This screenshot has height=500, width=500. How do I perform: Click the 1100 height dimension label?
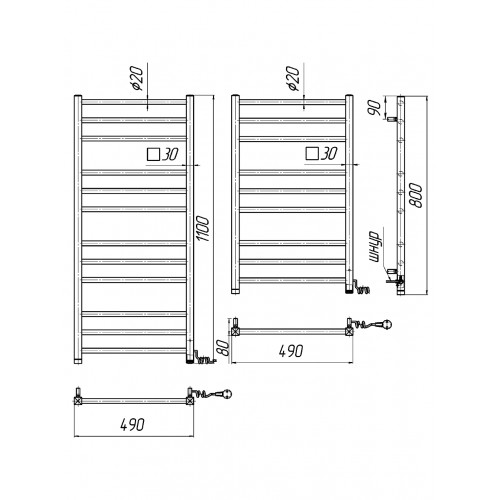click(202, 229)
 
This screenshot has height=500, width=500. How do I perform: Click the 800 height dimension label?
click(416, 195)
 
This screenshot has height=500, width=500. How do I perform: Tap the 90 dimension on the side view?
click(374, 107)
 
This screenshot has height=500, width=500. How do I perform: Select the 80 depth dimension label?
click(224, 348)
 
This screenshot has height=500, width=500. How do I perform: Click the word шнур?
click(375, 247)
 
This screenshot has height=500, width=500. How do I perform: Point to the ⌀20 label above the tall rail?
click(137, 79)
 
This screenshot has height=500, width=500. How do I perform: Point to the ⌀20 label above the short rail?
click(293, 79)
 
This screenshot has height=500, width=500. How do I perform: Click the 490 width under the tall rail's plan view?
click(132, 425)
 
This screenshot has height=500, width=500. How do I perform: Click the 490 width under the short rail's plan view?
click(291, 351)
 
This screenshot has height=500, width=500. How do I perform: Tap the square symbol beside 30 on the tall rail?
click(153, 154)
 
